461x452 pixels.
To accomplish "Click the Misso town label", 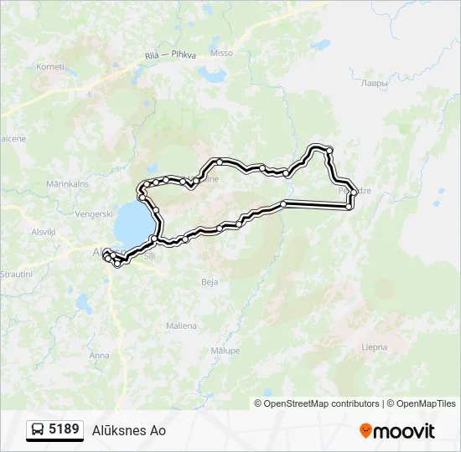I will [221, 53].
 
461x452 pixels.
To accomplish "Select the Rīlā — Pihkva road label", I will [170, 55].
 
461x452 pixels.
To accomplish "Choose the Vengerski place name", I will [94, 214].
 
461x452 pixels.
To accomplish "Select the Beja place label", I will [210, 282].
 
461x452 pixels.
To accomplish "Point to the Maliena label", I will [181, 326].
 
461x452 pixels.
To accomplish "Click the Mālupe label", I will [225, 351].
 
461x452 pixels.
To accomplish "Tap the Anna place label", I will [99, 356].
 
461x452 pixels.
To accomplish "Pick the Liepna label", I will [374, 347].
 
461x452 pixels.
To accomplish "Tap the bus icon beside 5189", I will [38, 430].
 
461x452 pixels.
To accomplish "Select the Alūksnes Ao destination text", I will [129, 431].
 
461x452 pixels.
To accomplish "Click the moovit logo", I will [397, 431].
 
